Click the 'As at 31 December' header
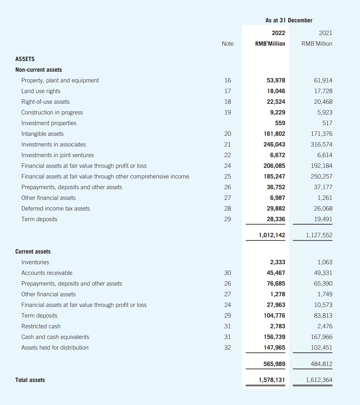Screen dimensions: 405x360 [x=289, y=20]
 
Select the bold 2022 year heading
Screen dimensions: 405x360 [x=278, y=33]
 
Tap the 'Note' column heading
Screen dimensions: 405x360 [x=227, y=44]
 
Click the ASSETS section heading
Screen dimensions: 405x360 [x=25, y=59]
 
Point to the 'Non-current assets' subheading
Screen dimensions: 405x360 [x=39, y=70]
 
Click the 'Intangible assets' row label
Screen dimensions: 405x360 [x=42, y=134]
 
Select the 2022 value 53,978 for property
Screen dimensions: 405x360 [x=276, y=80]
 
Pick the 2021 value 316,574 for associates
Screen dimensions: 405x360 [x=321, y=144]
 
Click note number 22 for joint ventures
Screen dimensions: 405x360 [x=227, y=155]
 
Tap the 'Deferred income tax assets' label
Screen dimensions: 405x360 [x=55, y=209]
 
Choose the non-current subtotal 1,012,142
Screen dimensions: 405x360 [x=272, y=235]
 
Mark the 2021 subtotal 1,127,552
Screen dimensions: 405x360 [x=319, y=235]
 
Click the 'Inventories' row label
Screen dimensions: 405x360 [x=35, y=262]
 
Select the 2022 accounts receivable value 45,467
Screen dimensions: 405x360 [x=276, y=273]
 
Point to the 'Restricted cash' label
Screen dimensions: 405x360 [x=41, y=326]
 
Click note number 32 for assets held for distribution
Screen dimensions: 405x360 [x=227, y=348]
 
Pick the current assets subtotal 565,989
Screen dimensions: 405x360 [x=274, y=364]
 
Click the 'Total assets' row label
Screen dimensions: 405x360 [x=30, y=380]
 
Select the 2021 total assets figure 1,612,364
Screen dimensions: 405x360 [x=319, y=380]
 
